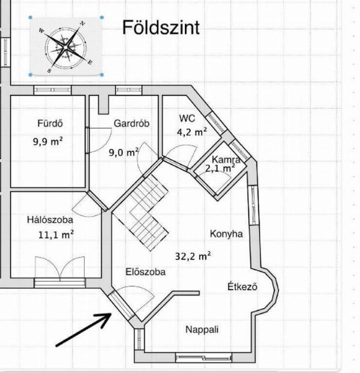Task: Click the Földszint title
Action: pyautogui.click(x=161, y=28)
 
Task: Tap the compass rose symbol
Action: pyautogui.click(x=65, y=47)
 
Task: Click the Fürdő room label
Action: pyautogui.click(x=50, y=123)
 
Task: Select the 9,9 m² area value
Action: pyautogui.click(x=48, y=141)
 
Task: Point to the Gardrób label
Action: pyautogui.click(x=131, y=123)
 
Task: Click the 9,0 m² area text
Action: pyautogui.click(x=124, y=152)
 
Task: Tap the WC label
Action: pyautogui.click(x=187, y=118)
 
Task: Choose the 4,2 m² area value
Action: pyautogui.click(x=192, y=132)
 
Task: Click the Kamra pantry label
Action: pyautogui.click(x=226, y=159)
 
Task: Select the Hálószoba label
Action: pyautogui.click(x=50, y=220)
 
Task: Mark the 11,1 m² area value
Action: pyautogui.click(x=56, y=235)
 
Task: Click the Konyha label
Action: pyautogui.click(x=226, y=234)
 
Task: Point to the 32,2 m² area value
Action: pyautogui.click(x=193, y=256)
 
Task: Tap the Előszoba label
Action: pyautogui.click(x=145, y=271)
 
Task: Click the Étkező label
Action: pyautogui.click(x=242, y=286)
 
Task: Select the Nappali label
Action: pyautogui.click(x=202, y=330)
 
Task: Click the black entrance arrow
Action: pyautogui.click(x=83, y=330)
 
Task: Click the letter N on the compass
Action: pyautogui.click(x=82, y=23)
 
